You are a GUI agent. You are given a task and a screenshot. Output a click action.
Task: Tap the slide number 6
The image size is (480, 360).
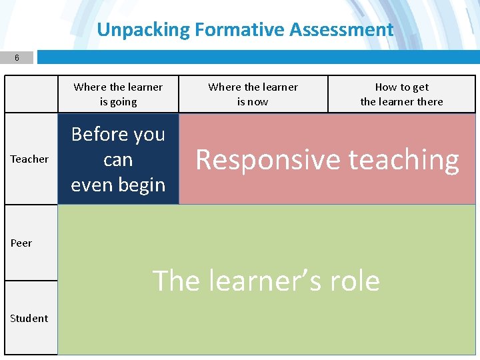click(x=17, y=58)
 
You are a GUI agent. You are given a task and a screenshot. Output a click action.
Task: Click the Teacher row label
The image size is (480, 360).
click(x=29, y=159)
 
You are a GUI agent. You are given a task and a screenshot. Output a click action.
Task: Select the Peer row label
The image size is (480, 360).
click(x=21, y=243)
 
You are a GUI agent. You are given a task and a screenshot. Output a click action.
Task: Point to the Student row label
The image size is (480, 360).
click(x=29, y=318)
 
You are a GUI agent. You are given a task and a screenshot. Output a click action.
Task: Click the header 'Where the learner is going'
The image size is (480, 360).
click(x=118, y=94)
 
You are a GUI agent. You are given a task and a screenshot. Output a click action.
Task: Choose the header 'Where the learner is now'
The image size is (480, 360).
click(x=253, y=94)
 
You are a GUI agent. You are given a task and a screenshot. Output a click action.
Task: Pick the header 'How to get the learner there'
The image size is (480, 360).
click(x=401, y=94)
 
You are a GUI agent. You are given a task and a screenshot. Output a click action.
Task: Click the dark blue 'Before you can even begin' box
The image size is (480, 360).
click(x=118, y=159)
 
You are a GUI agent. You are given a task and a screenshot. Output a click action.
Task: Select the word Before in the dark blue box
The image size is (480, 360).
click(x=99, y=135)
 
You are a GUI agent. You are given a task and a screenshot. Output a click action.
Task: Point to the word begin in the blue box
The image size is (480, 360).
click(x=141, y=185)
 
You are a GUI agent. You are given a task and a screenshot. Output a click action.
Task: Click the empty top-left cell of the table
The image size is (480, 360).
click(x=31, y=94)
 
